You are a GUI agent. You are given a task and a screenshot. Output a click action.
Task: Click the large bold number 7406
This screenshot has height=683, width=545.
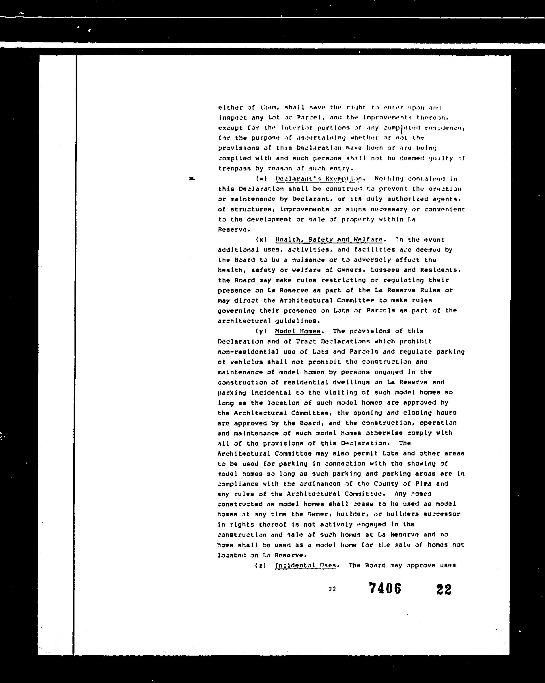tap(385, 589)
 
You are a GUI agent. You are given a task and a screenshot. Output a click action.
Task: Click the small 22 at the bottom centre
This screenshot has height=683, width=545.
tap(332, 589)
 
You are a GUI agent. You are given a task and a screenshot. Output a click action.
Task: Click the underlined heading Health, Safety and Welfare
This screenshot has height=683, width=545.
tap(329, 239)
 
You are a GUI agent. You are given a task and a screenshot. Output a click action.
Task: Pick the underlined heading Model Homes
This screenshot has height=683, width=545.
tap(298, 331)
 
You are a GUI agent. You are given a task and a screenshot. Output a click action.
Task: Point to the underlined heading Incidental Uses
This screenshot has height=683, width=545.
tap(305, 566)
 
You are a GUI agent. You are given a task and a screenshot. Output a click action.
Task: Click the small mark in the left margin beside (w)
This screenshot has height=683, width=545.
tap(191, 179)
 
